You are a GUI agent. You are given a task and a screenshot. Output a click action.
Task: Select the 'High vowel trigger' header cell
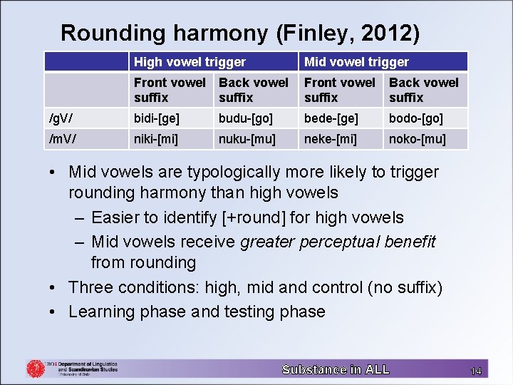pyautogui.click(x=190, y=62)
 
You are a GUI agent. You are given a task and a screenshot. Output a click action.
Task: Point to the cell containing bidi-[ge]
pyautogui.click(x=159, y=118)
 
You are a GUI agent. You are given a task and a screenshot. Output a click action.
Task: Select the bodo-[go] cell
pyautogui.click(x=416, y=118)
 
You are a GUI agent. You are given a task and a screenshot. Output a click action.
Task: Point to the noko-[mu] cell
pyautogui.click(x=418, y=138)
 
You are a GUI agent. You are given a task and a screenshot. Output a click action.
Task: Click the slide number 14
pyautogui.click(x=476, y=371)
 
